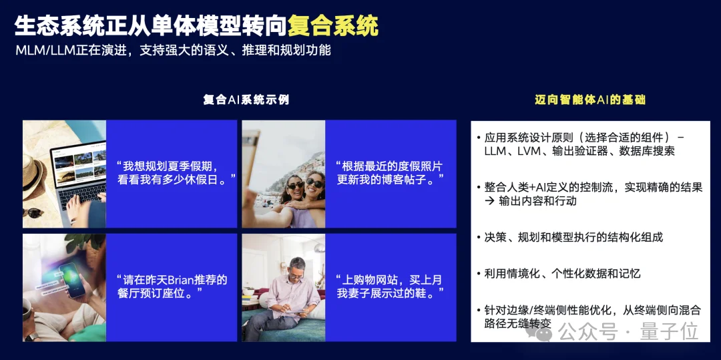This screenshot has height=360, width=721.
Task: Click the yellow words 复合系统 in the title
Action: (333, 25)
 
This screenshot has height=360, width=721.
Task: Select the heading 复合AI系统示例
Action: (246, 100)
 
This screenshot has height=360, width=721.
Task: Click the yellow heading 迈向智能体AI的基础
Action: (590, 100)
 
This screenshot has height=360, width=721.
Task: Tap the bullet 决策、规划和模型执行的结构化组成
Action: (573, 237)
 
